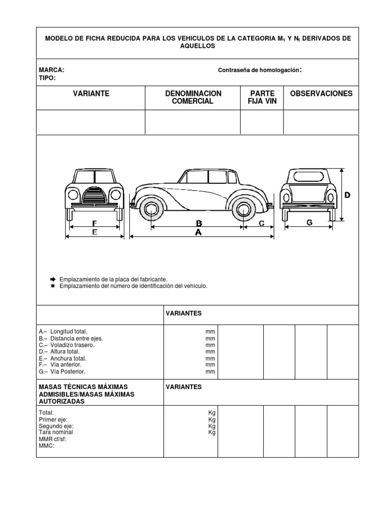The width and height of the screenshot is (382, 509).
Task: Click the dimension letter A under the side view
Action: [198, 232]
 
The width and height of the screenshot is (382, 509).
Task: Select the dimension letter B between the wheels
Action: [198, 223]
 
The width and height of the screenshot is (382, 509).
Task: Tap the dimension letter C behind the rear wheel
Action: [262, 224]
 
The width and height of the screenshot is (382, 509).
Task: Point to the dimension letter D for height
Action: [347, 195]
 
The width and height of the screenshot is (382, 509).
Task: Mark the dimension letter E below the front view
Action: [95, 232]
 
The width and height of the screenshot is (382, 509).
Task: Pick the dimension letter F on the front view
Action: [95, 223]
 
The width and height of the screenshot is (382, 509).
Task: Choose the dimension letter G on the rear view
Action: [309, 223]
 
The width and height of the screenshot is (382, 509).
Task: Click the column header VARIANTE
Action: [91, 93]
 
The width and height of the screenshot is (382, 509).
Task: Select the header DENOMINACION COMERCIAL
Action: [193, 97]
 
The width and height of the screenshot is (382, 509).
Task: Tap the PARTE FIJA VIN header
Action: [262, 97]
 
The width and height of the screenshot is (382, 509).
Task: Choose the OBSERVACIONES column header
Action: [321, 93]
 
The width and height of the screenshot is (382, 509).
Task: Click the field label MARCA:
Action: [52, 71]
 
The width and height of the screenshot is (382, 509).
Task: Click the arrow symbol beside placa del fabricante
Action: [52, 279]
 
